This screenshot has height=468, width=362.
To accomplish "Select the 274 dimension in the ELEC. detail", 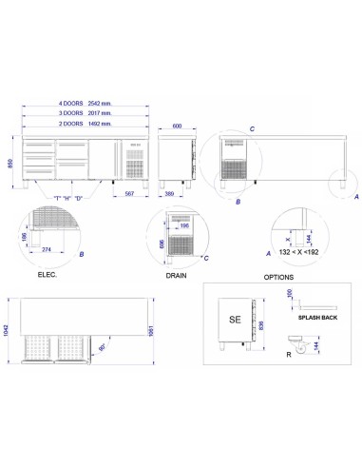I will [x=46, y=249].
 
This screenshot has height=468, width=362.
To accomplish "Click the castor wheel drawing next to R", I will [x=303, y=352].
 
